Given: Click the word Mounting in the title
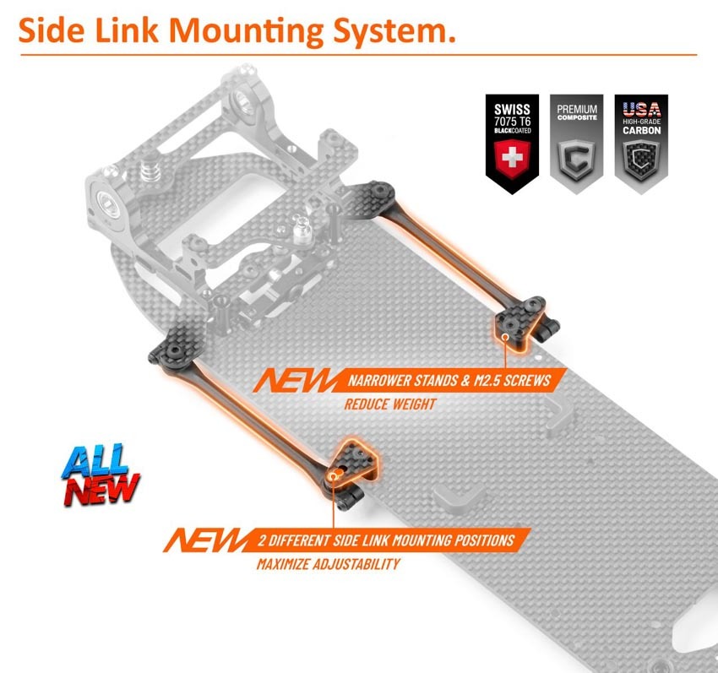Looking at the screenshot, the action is pyautogui.click(x=247, y=31).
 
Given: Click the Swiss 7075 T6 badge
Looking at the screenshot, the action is pyautogui.click(x=513, y=144).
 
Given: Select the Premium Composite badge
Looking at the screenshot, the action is pyautogui.click(x=576, y=144).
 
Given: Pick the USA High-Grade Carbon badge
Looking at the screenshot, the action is pyautogui.click(x=641, y=144).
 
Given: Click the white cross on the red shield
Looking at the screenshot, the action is pyautogui.click(x=513, y=159).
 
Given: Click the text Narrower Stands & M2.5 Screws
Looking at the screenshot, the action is pyautogui.click(x=449, y=381).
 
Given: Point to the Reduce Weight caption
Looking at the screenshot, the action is pyautogui.click(x=390, y=404).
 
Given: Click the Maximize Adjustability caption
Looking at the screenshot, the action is pyautogui.click(x=329, y=564).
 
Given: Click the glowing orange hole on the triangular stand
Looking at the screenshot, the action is pyautogui.click(x=334, y=475).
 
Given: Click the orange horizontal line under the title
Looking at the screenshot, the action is pyautogui.click(x=358, y=55).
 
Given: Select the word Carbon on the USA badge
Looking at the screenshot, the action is pyautogui.click(x=641, y=131).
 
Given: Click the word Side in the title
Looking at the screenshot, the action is pyautogui.click(x=52, y=31).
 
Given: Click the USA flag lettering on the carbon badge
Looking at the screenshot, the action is pyautogui.click(x=641, y=110).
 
